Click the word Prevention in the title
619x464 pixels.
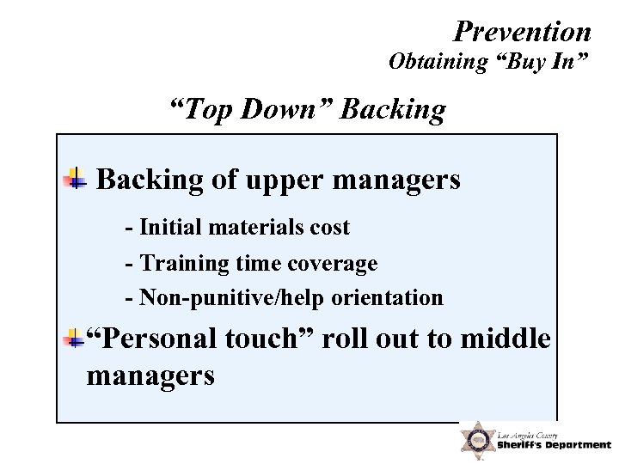pyautogui.click(x=522, y=32)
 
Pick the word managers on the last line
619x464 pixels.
pyautogui.click(x=150, y=375)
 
